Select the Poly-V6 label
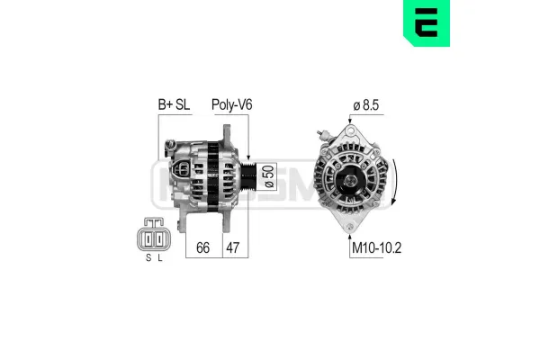[231, 104]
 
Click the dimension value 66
[203, 247]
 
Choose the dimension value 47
[232, 247]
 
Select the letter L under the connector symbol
[159, 257]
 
